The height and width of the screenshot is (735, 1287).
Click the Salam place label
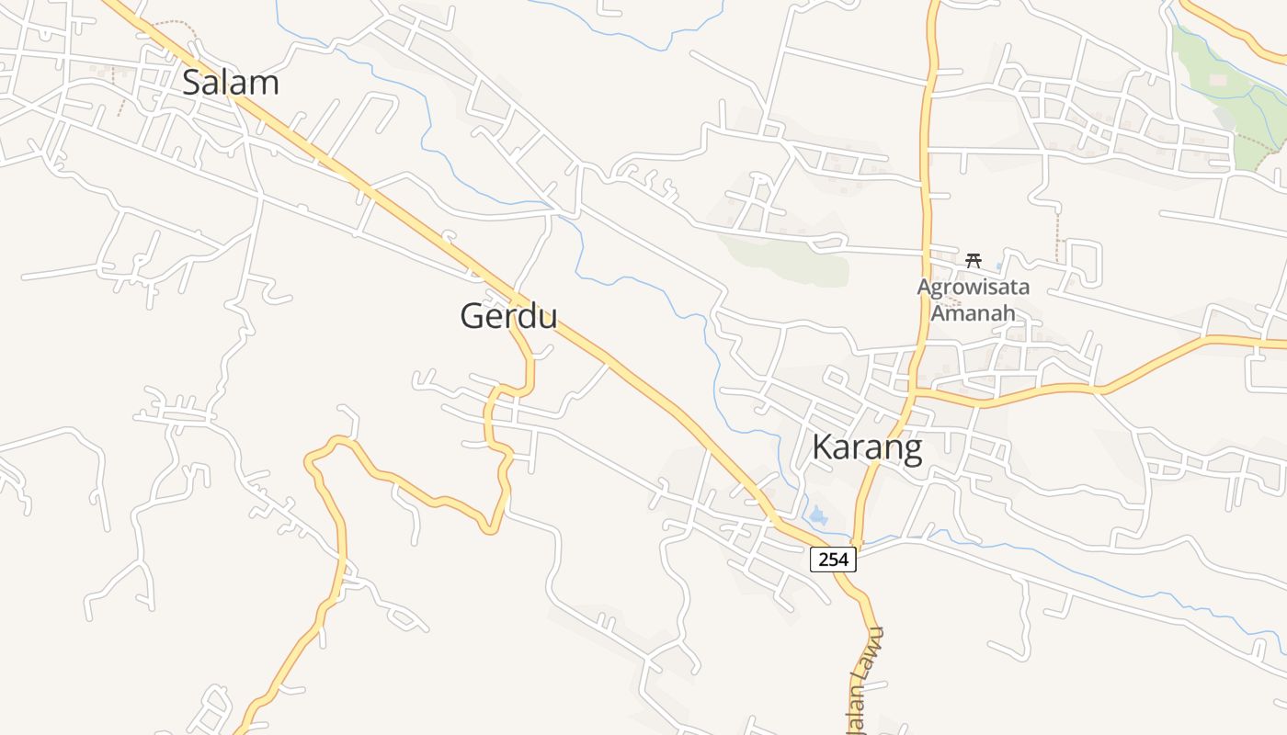pos(230,83)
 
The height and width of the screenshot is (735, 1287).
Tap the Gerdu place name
pos(508,316)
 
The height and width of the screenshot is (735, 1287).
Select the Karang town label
pos(867,447)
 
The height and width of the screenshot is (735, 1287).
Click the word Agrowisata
pos(973,287)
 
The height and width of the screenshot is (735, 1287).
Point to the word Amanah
pos(973,312)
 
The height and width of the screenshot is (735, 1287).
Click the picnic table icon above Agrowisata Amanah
pos(973,260)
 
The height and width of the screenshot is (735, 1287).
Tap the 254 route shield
pos(833,559)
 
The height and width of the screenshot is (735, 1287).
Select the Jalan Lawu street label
pos(864,680)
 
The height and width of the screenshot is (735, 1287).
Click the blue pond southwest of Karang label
pos(817,515)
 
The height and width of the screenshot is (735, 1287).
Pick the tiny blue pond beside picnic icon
pos(998,266)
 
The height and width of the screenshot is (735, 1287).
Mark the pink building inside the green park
pos(1218,81)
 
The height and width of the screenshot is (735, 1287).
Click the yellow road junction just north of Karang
pos(912,393)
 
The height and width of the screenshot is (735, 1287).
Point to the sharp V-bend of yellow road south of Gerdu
pos(492,528)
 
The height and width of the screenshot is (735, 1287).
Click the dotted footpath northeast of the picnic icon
pos(1057,234)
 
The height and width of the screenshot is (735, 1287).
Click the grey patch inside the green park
pos(1224,118)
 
